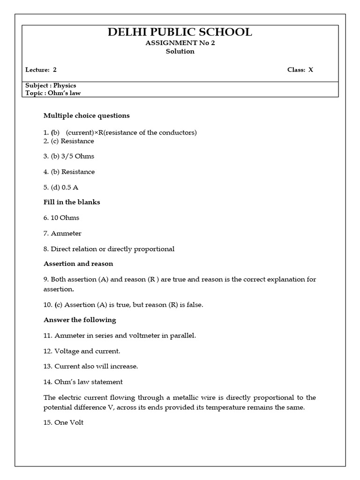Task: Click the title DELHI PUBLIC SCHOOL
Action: coord(180,32)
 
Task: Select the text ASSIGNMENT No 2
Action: coord(180,43)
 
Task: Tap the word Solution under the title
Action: coord(180,52)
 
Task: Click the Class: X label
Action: coord(300,70)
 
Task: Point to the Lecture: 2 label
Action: coord(41,70)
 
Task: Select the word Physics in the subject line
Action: coord(65,86)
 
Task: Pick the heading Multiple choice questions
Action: coord(87,115)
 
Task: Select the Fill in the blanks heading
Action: coord(72,202)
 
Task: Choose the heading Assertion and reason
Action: coord(78,264)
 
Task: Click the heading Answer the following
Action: coord(80,320)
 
